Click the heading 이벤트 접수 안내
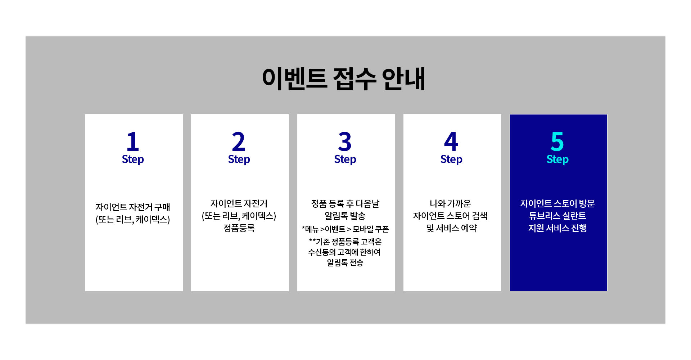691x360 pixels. [x=344, y=78]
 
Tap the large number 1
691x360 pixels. [x=133, y=141]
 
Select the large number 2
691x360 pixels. [x=239, y=141]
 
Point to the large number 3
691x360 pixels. [x=345, y=141]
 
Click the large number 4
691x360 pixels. [x=451, y=141]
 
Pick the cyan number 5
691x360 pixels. [x=557, y=141]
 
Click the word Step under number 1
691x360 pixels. [x=133, y=159]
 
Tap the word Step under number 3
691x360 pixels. [x=345, y=159]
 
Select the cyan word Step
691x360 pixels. [x=557, y=159]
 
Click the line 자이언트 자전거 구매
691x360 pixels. [x=133, y=207]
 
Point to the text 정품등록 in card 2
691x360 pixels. [x=239, y=228]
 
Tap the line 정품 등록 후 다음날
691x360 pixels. [x=345, y=203]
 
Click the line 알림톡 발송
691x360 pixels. [x=345, y=216]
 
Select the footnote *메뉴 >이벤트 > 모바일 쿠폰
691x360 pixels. [x=345, y=229]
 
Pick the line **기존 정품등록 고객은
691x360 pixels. [x=345, y=242]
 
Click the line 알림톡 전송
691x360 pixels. [x=345, y=263]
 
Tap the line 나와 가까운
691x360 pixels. [x=450, y=203]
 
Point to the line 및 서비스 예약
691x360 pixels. [x=451, y=228]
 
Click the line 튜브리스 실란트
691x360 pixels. [x=557, y=216]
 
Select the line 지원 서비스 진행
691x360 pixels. [x=557, y=228]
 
